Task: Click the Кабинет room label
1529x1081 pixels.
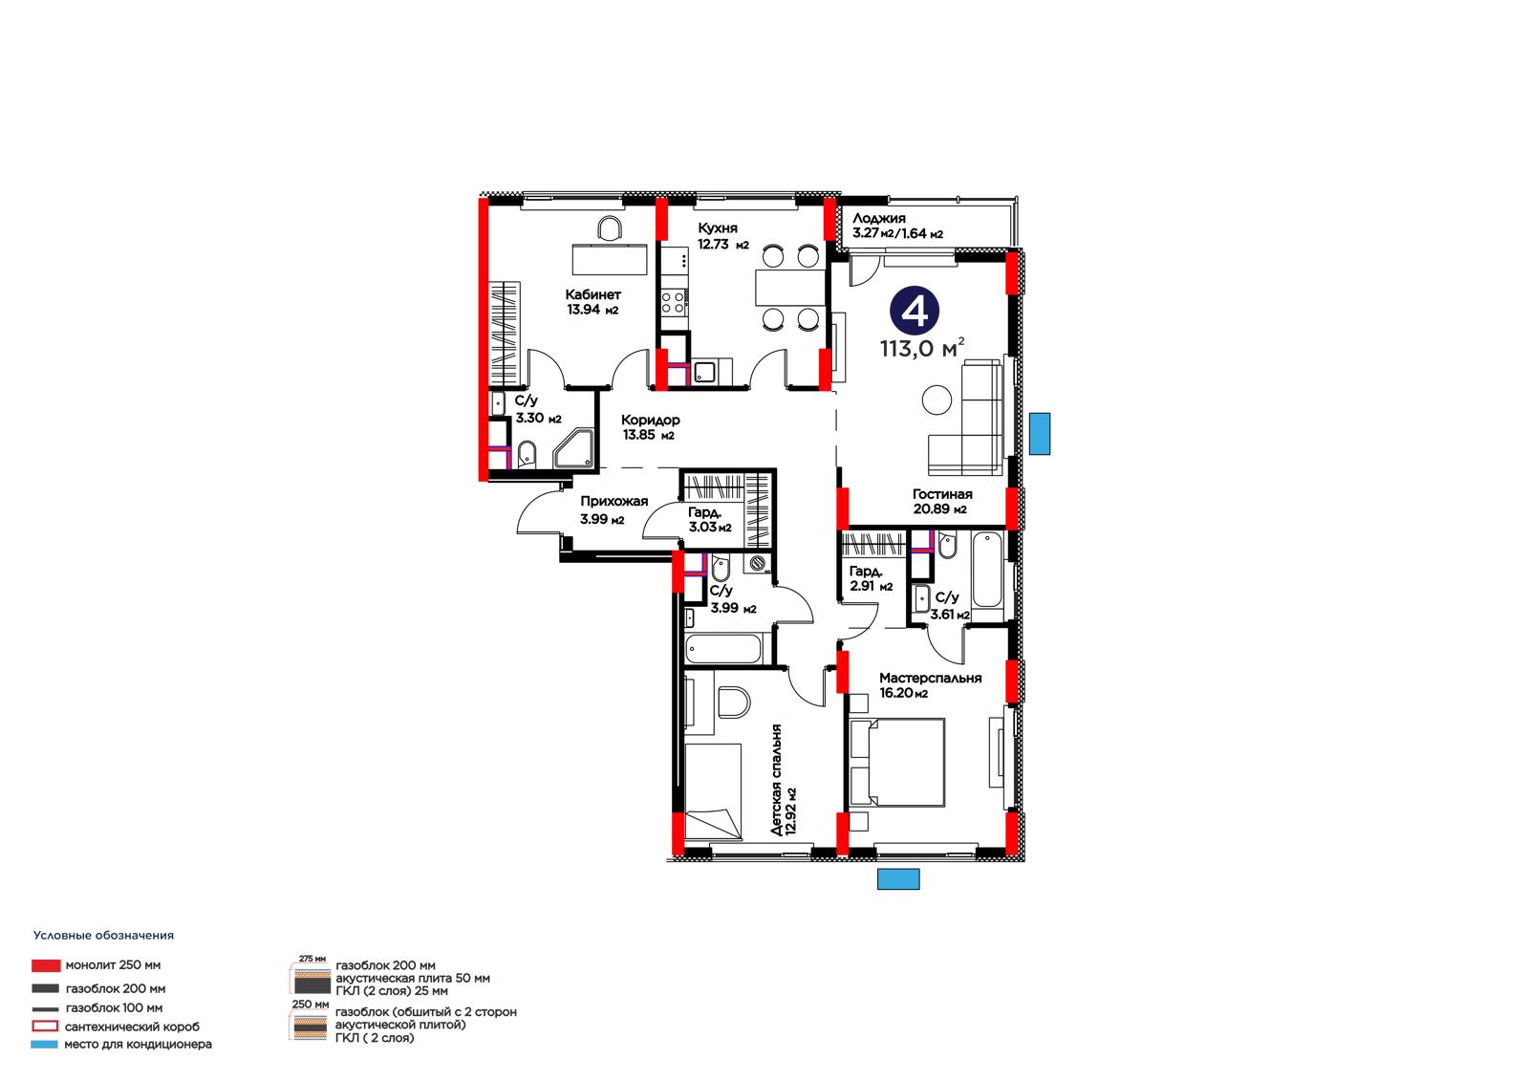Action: click(x=592, y=294)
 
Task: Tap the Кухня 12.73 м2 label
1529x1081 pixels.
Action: click(x=722, y=236)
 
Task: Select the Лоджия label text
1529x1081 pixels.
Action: click(x=878, y=219)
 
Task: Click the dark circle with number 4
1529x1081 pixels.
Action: click(x=914, y=311)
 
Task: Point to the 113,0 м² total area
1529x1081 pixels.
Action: click(x=922, y=348)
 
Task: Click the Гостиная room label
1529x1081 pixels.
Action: click(x=942, y=494)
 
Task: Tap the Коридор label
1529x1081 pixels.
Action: click(x=650, y=420)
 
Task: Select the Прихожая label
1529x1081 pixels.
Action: click(x=614, y=501)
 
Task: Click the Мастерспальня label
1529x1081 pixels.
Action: click(x=930, y=678)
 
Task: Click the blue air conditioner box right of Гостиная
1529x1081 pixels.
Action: click(x=1039, y=434)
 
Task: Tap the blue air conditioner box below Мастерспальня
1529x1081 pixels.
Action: click(x=897, y=879)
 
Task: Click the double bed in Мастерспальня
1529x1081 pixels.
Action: click(x=897, y=763)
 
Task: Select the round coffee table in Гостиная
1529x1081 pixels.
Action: click(x=937, y=400)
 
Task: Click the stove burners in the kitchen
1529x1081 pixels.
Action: click(x=673, y=303)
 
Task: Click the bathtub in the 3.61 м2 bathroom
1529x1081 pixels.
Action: click(x=986, y=571)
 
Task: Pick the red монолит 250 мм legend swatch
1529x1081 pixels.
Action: click(x=46, y=965)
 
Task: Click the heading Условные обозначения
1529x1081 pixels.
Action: click(x=104, y=936)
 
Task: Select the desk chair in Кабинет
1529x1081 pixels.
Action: click(x=610, y=228)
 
